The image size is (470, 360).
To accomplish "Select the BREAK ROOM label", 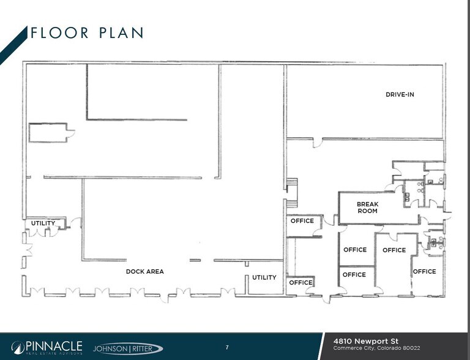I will [x=368, y=208].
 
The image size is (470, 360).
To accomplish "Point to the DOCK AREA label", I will [x=144, y=271].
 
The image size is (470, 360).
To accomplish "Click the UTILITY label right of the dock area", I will [x=264, y=277].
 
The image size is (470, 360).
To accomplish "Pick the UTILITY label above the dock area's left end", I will [x=43, y=223].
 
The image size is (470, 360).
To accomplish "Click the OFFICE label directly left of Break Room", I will [x=302, y=221].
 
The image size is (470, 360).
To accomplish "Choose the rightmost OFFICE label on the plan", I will [x=424, y=271].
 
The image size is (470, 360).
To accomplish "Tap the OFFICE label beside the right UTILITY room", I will [x=300, y=282].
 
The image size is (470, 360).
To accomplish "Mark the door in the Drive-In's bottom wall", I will [x=318, y=143].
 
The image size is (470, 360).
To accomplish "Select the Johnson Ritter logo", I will [x=127, y=348].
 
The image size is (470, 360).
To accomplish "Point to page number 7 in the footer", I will [x=226, y=348].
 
